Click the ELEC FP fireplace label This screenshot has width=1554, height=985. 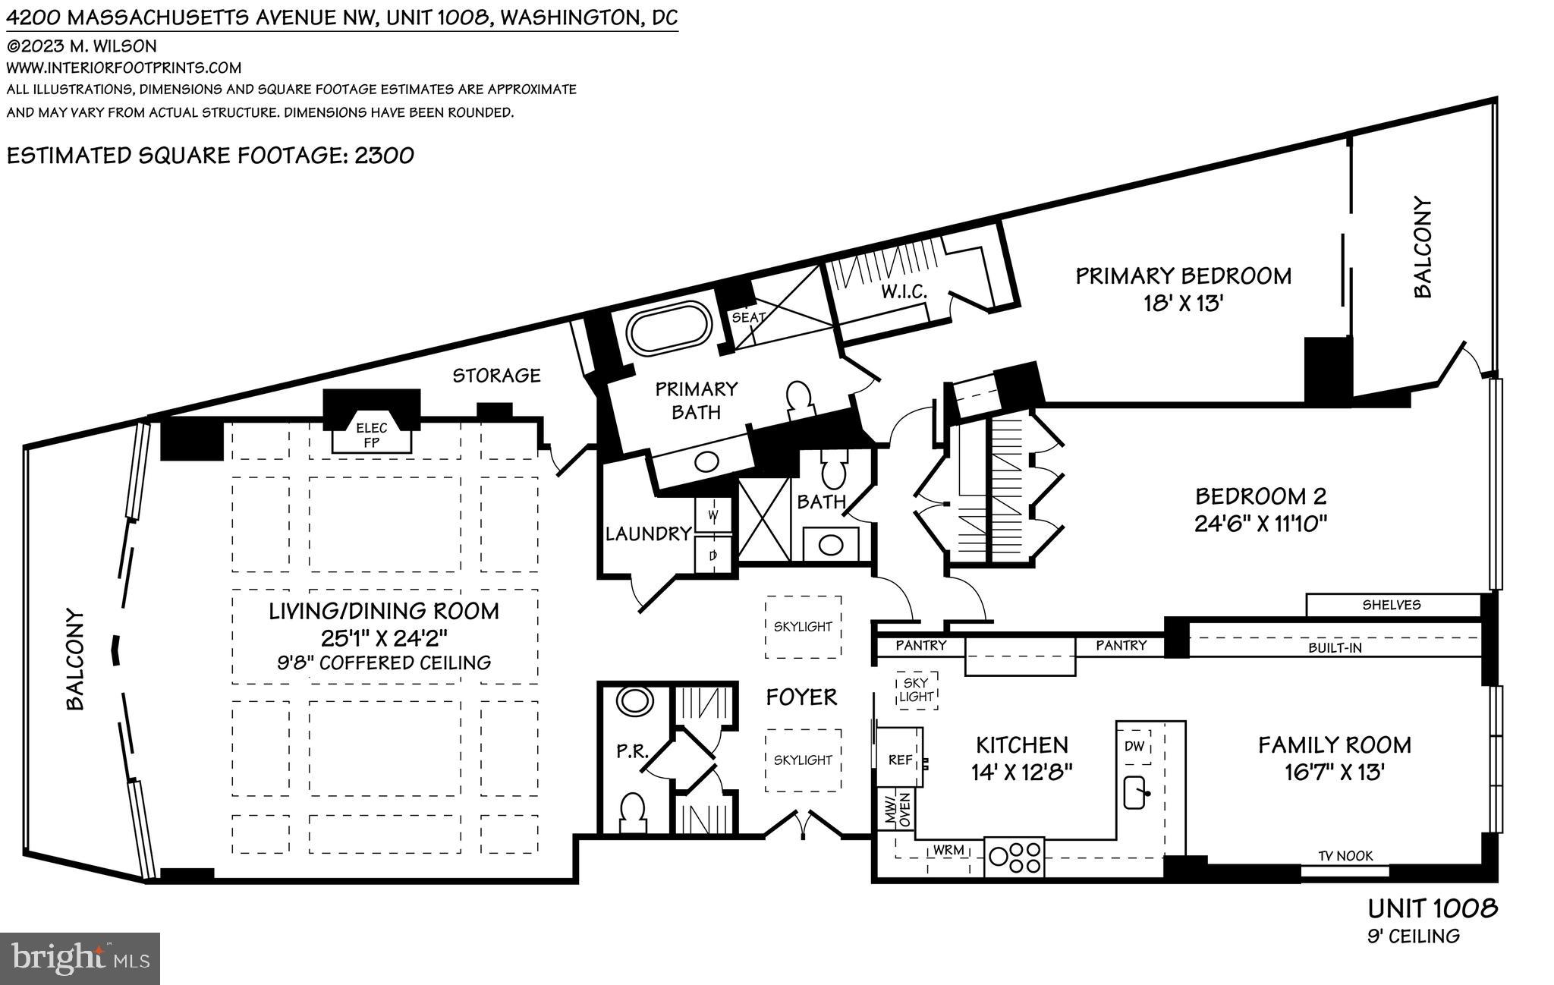(x=372, y=435)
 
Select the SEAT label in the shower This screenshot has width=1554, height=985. (x=748, y=317)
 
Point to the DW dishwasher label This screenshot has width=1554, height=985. (x=1134, y=746)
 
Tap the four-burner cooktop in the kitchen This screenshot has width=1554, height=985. (x=1014, y=857)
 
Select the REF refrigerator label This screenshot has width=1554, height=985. (x=900, y=760)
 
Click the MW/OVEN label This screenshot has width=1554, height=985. (x=896, y=810)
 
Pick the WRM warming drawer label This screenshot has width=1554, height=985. (x=948, y=850)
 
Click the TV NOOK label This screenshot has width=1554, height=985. (x=1345, y=856)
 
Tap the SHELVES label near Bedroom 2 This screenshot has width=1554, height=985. (x=1392, y=605)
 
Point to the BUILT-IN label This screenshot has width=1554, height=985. (x=1335, y=648)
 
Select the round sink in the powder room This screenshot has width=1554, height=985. (x=633, y=700)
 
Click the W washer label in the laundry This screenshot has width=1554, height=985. (x=713, y=515)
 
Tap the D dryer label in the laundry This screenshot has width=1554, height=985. (x=713, y=555)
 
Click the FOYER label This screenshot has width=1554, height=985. (x=801, y=697)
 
